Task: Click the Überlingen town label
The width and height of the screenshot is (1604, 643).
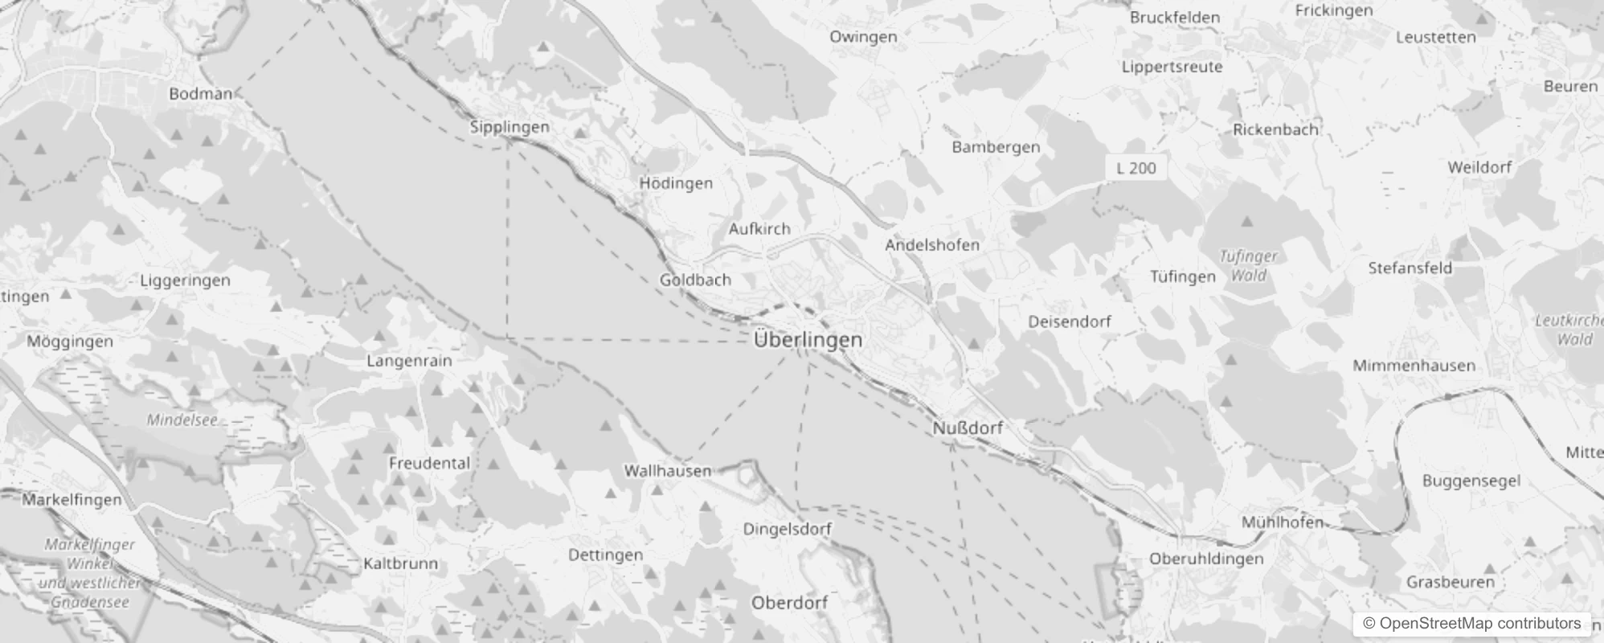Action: [x=808, y=340]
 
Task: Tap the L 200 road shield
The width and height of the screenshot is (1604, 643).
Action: [x=1136, y=168]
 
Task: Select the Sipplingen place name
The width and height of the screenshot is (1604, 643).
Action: [x=509, y=127]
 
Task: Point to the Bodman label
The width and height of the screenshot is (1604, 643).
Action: [x=200, y=94]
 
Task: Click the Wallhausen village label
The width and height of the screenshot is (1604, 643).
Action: [x=668, y=471]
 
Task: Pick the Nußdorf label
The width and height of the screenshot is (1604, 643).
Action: [x=968, y=428]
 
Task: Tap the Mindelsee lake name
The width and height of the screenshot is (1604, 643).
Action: [x=182, y=420]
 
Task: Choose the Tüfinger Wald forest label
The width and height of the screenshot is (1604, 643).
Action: [x=1248, y=266]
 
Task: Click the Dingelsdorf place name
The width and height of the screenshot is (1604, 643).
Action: [x=787, y=529]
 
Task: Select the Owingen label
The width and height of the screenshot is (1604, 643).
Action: [x=863, y=37]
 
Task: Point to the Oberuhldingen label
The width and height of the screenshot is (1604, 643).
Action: [x=1206, y=559]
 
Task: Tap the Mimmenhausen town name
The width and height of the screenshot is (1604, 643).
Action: [x=1414, y=366]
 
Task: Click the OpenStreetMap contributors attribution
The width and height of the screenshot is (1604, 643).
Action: [x=1471, y=624]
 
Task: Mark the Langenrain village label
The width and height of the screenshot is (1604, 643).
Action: [x=409, y=361]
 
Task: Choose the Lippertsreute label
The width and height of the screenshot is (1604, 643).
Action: [x=1172, y=67]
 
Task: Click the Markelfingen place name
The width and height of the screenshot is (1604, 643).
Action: [x=72, y=500]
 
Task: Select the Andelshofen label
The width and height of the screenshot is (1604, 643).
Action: [x=932, y=245]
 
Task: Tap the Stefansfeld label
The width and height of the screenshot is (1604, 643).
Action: [x=1410, y=268]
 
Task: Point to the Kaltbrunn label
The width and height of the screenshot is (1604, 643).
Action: [x=400, y=563]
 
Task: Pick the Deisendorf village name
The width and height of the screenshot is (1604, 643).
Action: [x=1070, y=321]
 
